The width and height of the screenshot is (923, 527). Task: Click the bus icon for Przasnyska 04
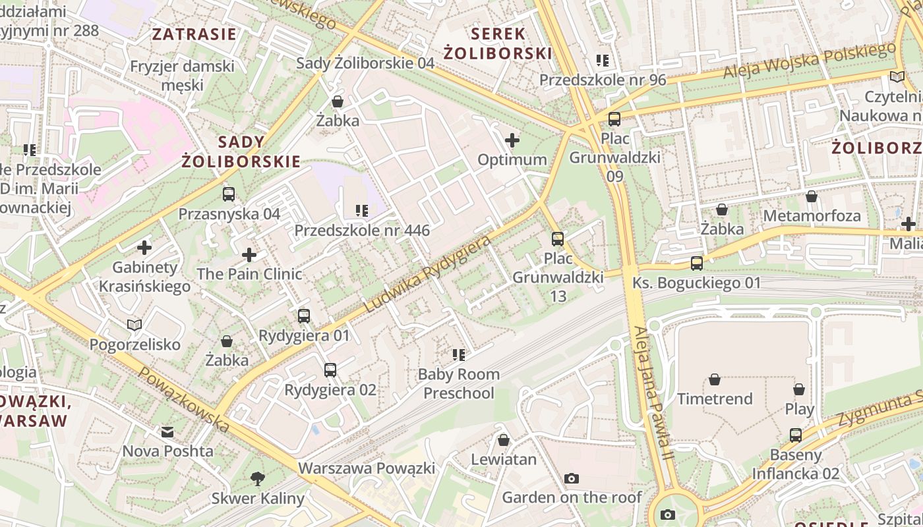click(x=229, y=194)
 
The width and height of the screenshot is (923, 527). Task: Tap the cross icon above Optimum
click(x=512, y=140)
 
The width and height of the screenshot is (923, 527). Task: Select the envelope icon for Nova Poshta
click(x=167, y=432)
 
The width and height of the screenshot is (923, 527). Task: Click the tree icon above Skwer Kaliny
click(x=258, y=479)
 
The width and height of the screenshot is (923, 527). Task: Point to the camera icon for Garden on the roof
click(x=572, y=478)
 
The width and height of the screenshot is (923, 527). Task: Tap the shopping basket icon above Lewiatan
click(x=504, y=440)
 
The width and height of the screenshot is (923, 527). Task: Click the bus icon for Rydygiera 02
click(x=330, y=370)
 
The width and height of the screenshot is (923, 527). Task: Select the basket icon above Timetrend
click(x=715, y=379)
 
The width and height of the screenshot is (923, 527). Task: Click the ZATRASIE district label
click(x=194, y=34)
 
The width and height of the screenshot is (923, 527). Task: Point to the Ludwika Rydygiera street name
click(x=428, y=273)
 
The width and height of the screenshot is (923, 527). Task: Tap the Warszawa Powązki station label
click(x=367, y=468)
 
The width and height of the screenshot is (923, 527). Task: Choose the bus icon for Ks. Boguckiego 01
click(x=697, y=263)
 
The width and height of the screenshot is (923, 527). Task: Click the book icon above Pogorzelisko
click(x=134, y=325)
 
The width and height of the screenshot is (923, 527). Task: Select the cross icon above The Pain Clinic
click(x=249, y=254)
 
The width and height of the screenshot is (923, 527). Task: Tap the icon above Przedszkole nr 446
click(x=362, y=211)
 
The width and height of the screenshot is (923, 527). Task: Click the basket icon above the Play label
click(x=799, y=389)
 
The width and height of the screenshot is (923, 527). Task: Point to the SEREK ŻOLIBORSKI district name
click(x=497, y=43)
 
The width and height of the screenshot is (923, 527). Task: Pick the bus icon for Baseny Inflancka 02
click(x=796, y=435)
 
